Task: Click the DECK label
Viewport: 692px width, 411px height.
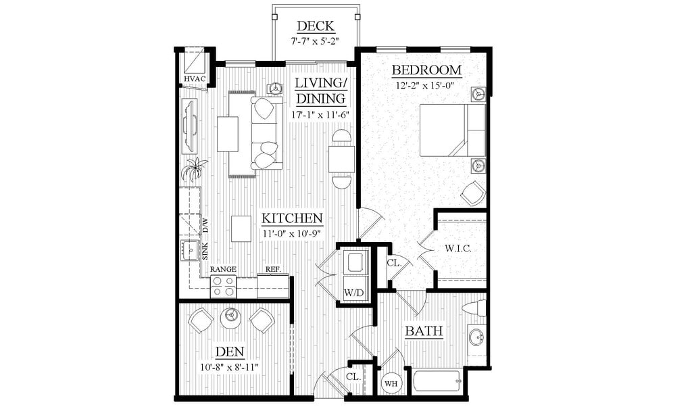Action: point(315,26)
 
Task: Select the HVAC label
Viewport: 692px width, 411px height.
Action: point(195,79)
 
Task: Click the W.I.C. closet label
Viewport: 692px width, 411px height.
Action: point(458,249)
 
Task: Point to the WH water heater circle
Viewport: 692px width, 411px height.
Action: point(391,383)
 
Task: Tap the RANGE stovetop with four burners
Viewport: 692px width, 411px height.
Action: point(223,287)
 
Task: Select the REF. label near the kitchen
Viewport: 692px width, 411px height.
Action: point(273,269)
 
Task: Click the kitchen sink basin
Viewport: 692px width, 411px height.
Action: point(189,250)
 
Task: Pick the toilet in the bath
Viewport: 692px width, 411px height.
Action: point(474,309)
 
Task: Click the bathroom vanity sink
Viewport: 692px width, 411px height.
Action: point(476,337)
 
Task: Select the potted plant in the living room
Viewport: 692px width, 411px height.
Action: point(194,169)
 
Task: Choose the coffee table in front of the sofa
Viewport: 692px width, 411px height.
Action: point(228,134)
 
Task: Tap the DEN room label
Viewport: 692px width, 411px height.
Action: point(230,352)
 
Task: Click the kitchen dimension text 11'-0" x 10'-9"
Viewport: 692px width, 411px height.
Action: point(291,233)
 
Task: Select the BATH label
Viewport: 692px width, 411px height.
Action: point(424,331)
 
